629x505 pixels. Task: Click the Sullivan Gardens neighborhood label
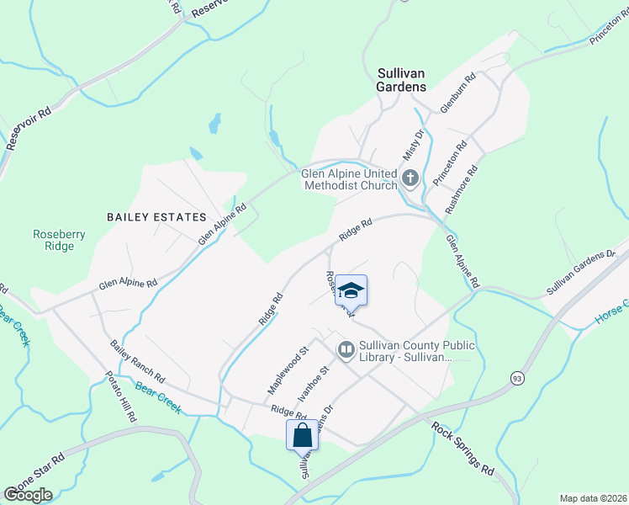(x=401, y=79)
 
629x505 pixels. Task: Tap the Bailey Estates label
(x=156, y=216)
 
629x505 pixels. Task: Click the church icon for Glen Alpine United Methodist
(x=410, y=178)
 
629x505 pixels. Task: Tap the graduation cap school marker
(x=351, y=291)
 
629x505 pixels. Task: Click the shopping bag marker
(x=303, y=436)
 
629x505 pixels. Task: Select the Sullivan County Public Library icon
(x=346, y=348)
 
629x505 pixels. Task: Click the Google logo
(x=28, y=494)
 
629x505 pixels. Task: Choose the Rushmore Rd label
(x=462, y=189)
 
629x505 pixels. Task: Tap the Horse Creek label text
(x=611, y=312)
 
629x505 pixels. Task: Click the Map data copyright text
(x=593, y=497)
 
